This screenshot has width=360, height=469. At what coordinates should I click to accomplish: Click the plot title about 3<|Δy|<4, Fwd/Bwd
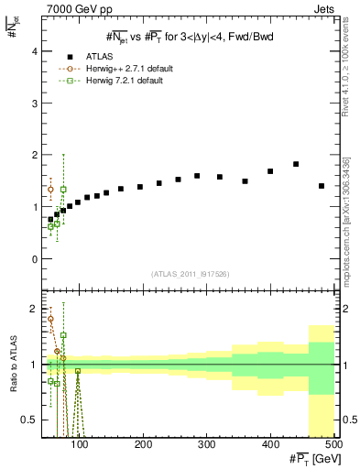point(189,37)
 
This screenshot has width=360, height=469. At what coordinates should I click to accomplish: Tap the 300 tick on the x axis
point(207,445)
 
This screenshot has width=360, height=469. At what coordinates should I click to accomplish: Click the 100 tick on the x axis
point(80,445)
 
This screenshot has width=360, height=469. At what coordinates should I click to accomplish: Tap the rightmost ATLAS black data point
point(322,186)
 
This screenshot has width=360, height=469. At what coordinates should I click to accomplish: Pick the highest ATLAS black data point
point(296,164)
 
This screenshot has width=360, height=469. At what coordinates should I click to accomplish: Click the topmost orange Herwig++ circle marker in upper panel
point(50,190)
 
